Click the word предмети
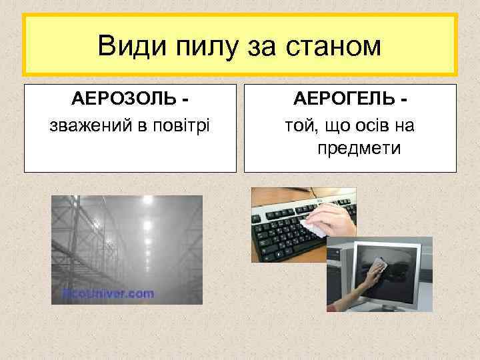359,147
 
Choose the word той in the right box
296,124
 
